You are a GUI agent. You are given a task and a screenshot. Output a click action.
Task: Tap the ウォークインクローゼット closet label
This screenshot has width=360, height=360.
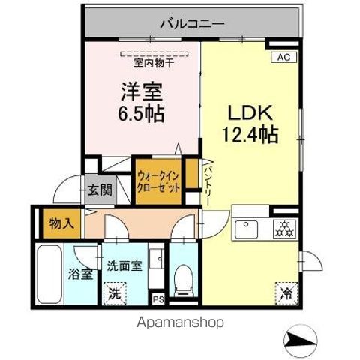[x=158, y=183]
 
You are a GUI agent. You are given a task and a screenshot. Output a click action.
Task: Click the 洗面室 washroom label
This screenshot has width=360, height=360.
[x=121, y=265]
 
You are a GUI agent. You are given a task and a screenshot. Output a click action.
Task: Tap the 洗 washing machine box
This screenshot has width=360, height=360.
[x=115, y=291]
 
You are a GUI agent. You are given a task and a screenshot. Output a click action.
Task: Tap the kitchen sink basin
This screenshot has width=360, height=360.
[x=246, y=228]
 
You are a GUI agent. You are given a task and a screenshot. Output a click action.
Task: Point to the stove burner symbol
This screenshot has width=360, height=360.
[x=284, y=228]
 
